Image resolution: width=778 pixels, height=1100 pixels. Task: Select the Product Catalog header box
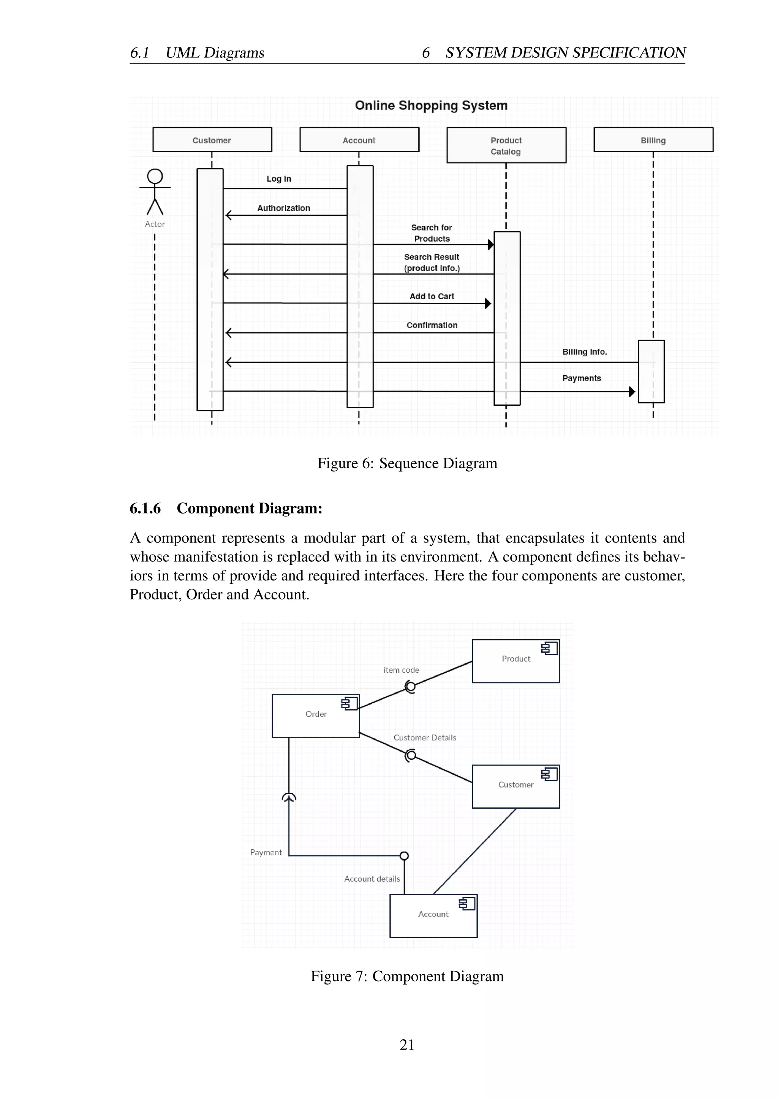coord(506,145)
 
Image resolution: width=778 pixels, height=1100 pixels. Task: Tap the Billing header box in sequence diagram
coord(653,140)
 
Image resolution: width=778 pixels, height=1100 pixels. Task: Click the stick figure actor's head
coord(155,176)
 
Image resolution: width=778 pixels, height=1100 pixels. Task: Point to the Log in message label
coord(279,179)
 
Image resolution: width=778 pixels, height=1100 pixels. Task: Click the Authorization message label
coord(284,208)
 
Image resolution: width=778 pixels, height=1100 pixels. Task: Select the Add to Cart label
coord(432,296)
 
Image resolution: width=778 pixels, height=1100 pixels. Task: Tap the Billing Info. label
coord(585,352)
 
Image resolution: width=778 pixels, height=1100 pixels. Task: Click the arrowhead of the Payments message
coord(632,392)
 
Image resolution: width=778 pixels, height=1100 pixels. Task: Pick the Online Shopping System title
coord(431,105)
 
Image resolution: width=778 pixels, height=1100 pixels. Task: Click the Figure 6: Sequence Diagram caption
coord(407,463)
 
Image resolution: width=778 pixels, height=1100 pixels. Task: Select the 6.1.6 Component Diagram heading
coord(226,508)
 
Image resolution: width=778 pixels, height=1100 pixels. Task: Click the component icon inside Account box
coord(466,904)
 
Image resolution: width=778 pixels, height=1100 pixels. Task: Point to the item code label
coord(401,670)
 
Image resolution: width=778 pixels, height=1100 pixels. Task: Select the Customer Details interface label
coord(424,737)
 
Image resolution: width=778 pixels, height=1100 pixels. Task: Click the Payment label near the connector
coord(266,852)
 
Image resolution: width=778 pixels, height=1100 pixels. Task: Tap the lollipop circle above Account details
coord(404,856)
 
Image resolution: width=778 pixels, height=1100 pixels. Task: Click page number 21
coord(407,1045)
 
